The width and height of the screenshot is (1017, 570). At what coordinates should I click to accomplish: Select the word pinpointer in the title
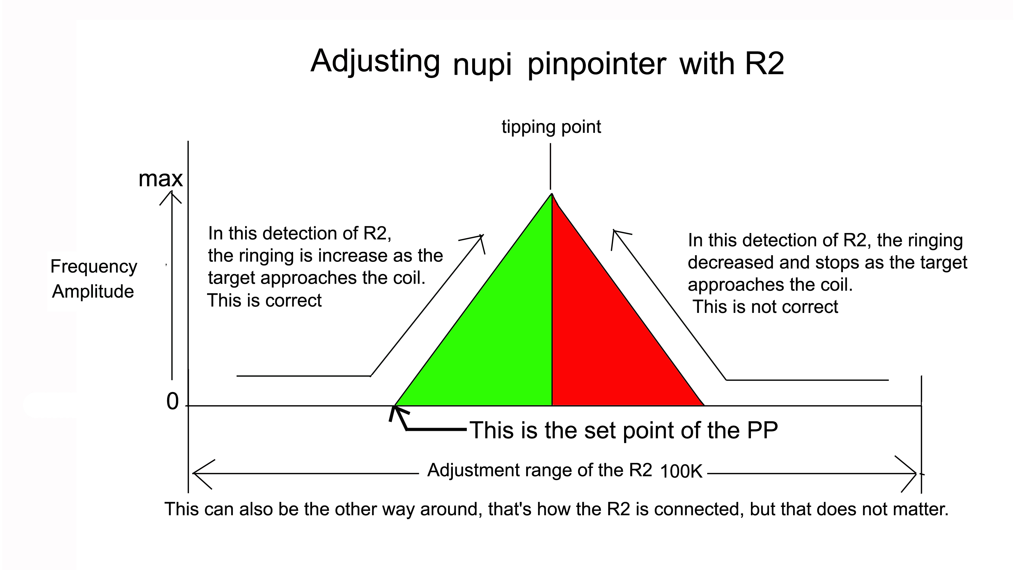[x=597, y=65]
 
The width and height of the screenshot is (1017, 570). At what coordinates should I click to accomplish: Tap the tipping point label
[x=551, y=127]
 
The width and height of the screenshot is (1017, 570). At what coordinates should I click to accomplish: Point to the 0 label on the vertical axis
[x=173, y=402]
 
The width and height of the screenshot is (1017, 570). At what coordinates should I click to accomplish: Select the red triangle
[x=604, y=335]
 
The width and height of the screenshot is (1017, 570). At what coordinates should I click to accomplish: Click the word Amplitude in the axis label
[x=93, y=292]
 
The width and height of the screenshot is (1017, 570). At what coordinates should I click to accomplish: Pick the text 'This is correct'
[x=264, y=301]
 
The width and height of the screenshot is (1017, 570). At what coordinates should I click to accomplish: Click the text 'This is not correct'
[x=765, y=307]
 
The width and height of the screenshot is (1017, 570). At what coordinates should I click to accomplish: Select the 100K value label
[x=681, y=471]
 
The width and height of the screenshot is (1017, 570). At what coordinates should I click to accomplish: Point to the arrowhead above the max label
[x=171, y=197]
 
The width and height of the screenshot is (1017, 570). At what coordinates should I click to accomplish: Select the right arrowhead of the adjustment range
[x=906, y=474]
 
